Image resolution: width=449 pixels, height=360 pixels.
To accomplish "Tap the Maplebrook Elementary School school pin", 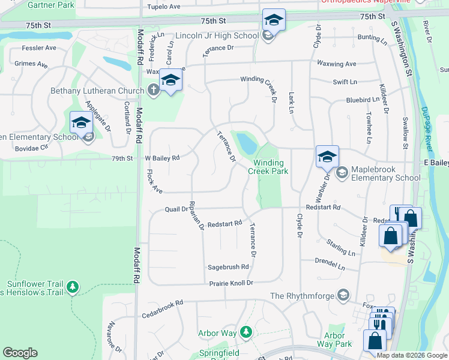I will coord(327,158).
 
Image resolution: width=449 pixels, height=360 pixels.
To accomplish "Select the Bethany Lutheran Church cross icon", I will coord(153,91).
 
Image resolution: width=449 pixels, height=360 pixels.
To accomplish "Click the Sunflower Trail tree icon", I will coord(73,287).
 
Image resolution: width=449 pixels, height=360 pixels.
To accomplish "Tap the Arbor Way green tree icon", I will coord(245,332).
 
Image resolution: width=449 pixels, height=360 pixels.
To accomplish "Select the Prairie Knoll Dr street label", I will coord(231,283).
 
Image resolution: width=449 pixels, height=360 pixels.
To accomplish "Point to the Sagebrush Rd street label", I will coord(228,267).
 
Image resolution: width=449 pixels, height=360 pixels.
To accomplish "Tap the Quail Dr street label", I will coord(176,209).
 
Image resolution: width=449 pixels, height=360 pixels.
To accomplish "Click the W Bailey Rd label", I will coord(162,158).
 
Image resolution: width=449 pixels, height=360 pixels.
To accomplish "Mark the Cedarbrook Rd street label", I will coord(162,309).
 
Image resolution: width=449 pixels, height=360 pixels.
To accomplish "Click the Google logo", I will coord(20,353).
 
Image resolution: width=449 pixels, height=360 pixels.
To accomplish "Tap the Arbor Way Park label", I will coord(338,340).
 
